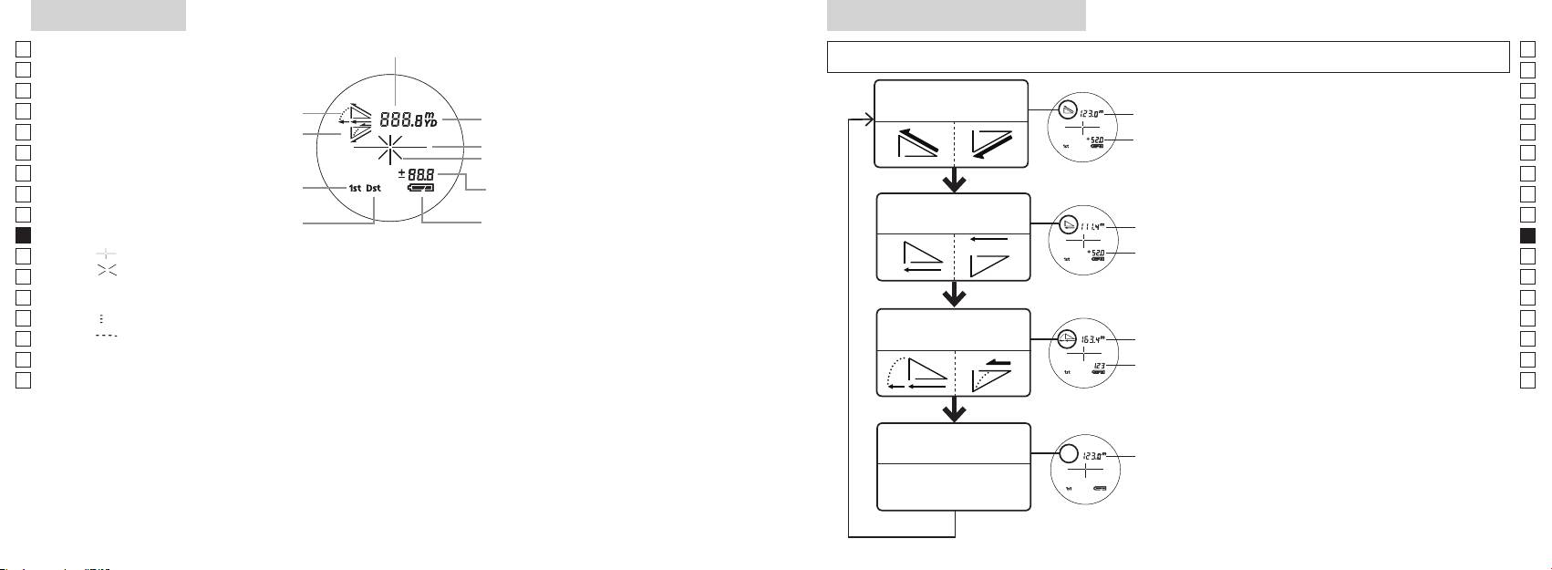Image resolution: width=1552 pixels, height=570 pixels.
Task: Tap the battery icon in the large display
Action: (422, 188)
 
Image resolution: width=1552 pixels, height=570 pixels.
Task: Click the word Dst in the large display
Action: (374, 189)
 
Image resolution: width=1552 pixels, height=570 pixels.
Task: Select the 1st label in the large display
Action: (355, 189)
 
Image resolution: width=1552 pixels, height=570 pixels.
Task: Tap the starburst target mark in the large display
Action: (390, 147)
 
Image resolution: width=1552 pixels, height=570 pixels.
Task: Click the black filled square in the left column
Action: (25, 235)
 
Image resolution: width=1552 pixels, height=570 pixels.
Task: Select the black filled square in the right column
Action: (1528, 235)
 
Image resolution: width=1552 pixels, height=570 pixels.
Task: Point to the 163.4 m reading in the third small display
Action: (1090, 339)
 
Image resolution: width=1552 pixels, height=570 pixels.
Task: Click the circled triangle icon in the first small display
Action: (1068, 112)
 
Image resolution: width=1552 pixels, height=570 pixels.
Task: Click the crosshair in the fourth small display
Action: (1085, 471)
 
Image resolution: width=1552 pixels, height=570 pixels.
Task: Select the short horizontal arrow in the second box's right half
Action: (988, 238)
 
